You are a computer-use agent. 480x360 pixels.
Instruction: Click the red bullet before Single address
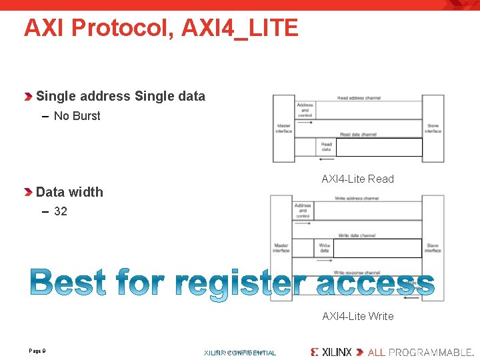point(28,97)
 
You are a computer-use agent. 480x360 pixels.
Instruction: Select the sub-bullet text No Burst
point(77,116)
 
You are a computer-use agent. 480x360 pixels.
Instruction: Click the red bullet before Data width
point(28,193)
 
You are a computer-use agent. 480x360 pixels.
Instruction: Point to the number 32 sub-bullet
point(60,211)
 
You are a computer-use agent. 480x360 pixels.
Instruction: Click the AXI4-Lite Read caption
point(357,179)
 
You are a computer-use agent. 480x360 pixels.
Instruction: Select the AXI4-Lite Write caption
point(357,316)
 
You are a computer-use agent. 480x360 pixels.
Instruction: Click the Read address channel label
point(359,98)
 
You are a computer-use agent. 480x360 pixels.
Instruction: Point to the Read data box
point(327,147)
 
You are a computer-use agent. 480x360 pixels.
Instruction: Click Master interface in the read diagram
point(284,129)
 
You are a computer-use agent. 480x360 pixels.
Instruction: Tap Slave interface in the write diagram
point(433,248)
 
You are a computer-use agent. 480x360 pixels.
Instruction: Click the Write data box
point(324,248)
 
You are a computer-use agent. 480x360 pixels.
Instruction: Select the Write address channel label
point(357,198)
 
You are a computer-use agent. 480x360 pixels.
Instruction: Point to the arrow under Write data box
point(304,260)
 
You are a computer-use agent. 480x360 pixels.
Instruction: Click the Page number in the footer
point(37,351)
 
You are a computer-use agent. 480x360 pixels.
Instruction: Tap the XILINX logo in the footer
point(331,351)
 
